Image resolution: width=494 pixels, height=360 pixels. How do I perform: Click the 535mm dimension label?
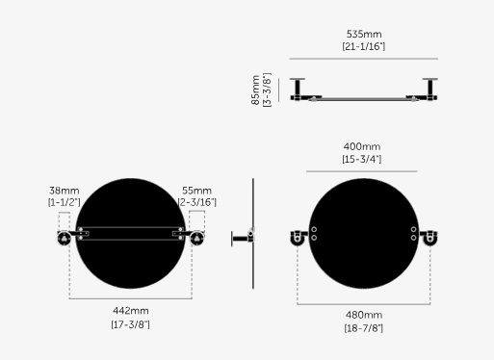(x=364, y=34)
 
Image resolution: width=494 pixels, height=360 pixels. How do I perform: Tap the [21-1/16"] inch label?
(x=364, y=46)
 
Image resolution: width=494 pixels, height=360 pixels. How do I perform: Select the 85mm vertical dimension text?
(x=256, y=90)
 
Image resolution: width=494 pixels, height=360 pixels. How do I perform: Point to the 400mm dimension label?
(x=362, y=146)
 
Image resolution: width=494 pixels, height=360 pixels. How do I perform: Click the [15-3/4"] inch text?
(x=362, y=159)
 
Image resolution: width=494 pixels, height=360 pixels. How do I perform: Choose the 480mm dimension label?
(x=364, y=315)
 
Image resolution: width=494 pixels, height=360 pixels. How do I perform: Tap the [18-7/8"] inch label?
(x=364, y=328)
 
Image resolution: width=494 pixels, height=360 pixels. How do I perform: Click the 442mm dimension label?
(x=131, y=311)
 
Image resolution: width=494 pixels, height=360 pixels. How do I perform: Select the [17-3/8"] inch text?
(x=131, y=324)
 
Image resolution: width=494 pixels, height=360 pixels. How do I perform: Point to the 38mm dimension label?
(x=64, y=191)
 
